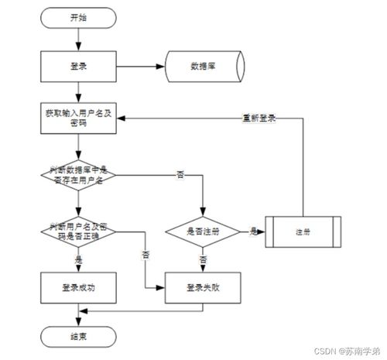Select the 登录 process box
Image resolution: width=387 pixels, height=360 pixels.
pyautogui.click(x=78, y=67)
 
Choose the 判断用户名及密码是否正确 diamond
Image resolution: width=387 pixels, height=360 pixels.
pyautogui.click(x=78, y=230)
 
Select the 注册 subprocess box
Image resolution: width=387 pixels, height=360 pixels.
pyautogui.click(x=303, y=231)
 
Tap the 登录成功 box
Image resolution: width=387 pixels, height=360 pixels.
pyautogui.click(x=78, y=287)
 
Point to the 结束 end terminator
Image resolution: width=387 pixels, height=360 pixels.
pyautogui.click(x=78, y=336)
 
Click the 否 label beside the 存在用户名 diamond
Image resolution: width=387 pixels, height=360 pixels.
pyautogui.click(x=180, y=176)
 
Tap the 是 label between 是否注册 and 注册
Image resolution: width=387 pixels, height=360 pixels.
pyautogui.click(x=253, y=231)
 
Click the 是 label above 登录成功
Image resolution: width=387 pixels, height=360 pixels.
pyautogui.click(x=78, y=260)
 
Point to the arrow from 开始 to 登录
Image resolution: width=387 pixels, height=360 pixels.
pyautogui.click(x=78, y=39)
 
